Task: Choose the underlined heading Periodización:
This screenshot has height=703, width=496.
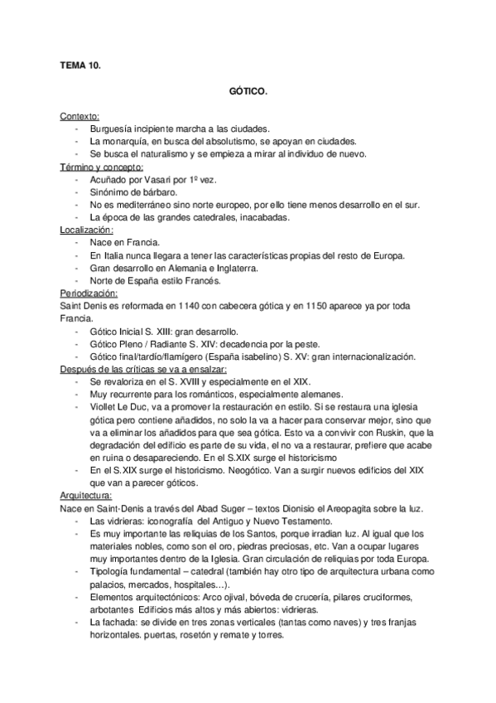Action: tap(89, 293)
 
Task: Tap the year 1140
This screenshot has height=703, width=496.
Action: tap(195, 307)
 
